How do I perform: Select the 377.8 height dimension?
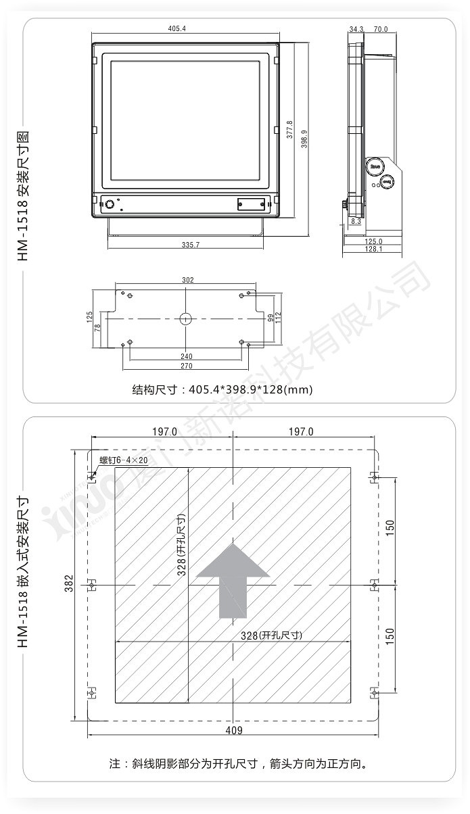click(289, 129)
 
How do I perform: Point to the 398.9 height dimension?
click(304, 139)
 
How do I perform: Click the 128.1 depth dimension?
click(373, 249)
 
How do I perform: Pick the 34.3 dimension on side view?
click(356, 29)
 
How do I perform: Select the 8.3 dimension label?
click(356, 221)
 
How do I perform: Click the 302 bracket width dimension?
click(188, 280)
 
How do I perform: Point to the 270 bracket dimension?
click(187, 366)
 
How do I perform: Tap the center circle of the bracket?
click(186, 319)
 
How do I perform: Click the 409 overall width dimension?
click(233, 730)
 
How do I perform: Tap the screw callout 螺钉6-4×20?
click(123, 460)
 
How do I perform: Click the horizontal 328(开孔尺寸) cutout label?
click(271, 635)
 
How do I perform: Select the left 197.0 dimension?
click(164, 431)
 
